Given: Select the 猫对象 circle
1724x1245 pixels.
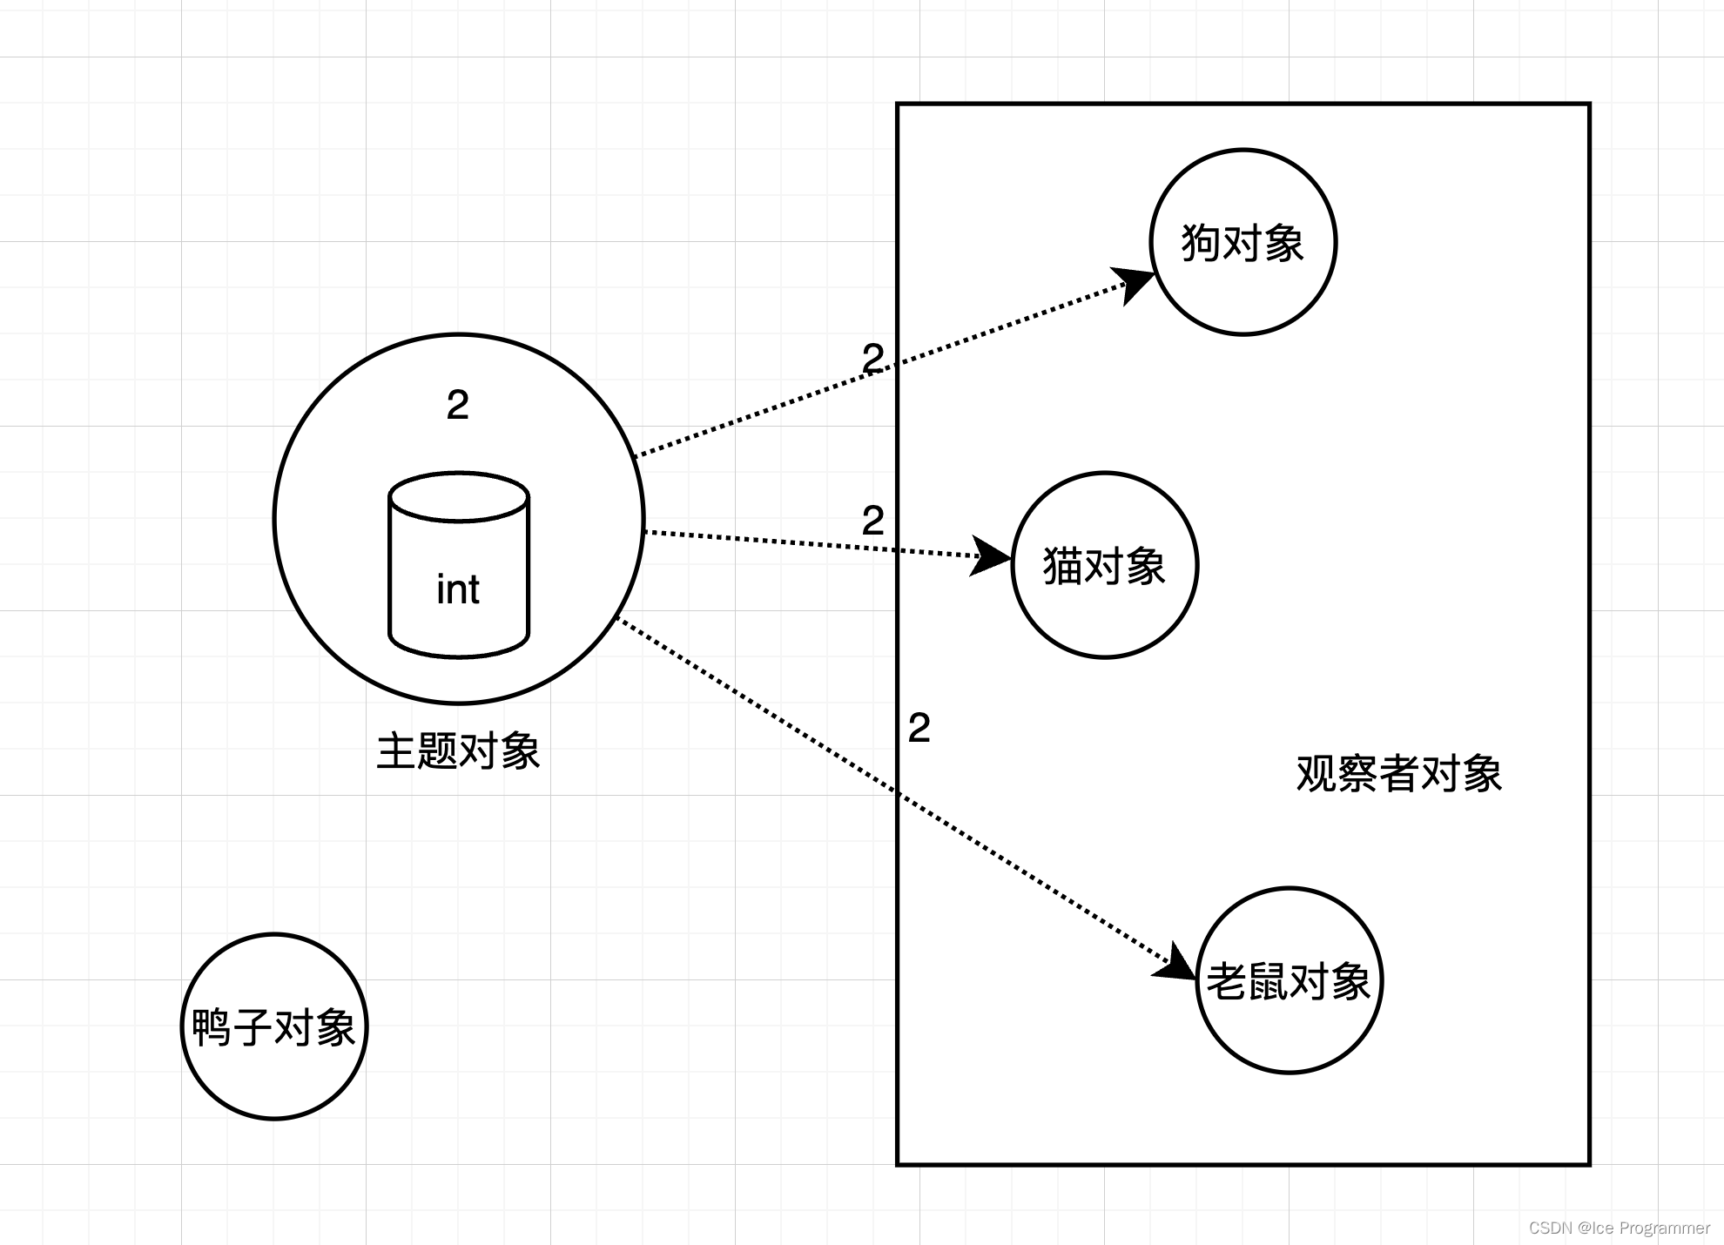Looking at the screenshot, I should tap(1104, 609).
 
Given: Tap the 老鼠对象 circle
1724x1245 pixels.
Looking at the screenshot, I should tap(1289, 1027).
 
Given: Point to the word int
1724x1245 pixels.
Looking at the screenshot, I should tap(458, 589).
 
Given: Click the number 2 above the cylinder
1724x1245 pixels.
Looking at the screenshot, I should tap(458, 405).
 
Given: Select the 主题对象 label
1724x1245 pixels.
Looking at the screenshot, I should tap(458, 750).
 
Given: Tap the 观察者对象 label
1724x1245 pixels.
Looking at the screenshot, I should tap(1399, 773).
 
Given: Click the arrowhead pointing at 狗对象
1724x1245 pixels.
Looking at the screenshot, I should tap(1135, 282).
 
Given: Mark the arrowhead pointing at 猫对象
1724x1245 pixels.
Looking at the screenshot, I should tap(991, 555).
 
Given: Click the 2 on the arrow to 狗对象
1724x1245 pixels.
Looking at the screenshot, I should tap(873, 358).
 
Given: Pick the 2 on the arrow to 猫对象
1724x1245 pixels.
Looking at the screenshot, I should tap(873, 521).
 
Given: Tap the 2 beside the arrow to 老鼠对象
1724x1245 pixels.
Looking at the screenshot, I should tap(919, 728).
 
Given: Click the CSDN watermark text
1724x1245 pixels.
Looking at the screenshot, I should tap(1620, 1228).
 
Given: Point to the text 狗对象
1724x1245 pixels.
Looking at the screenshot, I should tap(1242, 243).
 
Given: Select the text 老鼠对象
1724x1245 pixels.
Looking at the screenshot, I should tap(1289, 981).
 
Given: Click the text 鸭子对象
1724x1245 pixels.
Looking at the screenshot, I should tap(273, 1027).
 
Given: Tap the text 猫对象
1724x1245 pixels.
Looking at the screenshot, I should tap(1104, 566).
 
